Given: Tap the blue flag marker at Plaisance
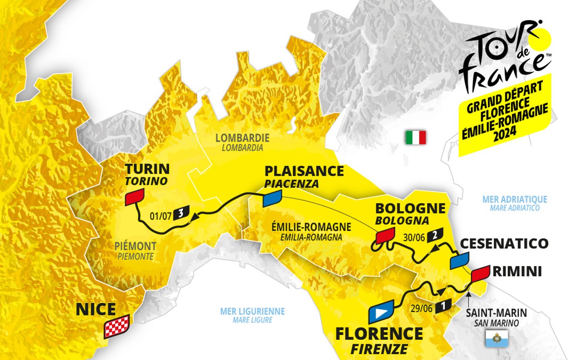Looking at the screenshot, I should tap(272, 198).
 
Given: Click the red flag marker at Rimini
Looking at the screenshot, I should tap(479, 273).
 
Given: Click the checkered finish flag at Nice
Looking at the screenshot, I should tap(117, 326).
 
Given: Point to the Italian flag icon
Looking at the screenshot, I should tap(416, 138).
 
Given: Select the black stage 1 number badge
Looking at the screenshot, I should tap(444, 305).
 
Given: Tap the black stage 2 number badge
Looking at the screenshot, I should tap(433, 235).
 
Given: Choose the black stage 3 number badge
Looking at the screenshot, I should tap(180, 213).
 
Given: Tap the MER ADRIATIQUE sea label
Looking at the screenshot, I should tap(515, 199).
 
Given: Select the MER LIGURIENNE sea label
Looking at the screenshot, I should tap(252, 312).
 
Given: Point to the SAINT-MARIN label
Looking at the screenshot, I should tap(495, 313).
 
